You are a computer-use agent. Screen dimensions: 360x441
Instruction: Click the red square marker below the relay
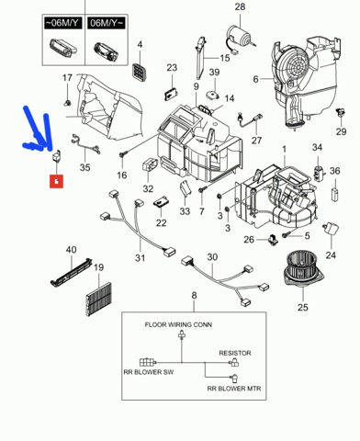coord(57,181)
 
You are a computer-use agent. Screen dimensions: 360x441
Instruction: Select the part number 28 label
coord(240,6)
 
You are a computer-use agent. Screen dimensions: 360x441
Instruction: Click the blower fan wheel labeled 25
coord(303,267)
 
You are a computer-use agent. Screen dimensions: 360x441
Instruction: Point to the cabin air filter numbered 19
coord(99,300)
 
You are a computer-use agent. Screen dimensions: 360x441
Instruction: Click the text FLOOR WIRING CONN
coord(178,324)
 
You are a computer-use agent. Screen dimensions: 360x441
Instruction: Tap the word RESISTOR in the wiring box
coord(235,353)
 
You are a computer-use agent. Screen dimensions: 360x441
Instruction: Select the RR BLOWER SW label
coord(149,372)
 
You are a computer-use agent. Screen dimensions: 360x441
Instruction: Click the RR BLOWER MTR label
coord(234,389)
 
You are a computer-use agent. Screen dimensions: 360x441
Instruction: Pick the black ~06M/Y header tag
coord(63,23)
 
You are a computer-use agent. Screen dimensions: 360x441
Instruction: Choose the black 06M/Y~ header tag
coord(107,23)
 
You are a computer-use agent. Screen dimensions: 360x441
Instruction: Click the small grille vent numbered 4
coord(140,73)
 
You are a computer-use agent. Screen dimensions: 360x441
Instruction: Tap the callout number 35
coord(84,167)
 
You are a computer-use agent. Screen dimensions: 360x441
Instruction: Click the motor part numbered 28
coord(240,39)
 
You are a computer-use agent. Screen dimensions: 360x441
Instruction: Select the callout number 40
coord(71,250)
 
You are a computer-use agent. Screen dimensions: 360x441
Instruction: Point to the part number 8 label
coord(194,296)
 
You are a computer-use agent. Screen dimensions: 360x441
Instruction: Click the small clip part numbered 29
coord(340,113)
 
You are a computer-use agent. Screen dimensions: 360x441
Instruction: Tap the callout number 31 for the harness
coord(140,258)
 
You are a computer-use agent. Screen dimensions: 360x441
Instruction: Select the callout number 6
coord(256,79)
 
